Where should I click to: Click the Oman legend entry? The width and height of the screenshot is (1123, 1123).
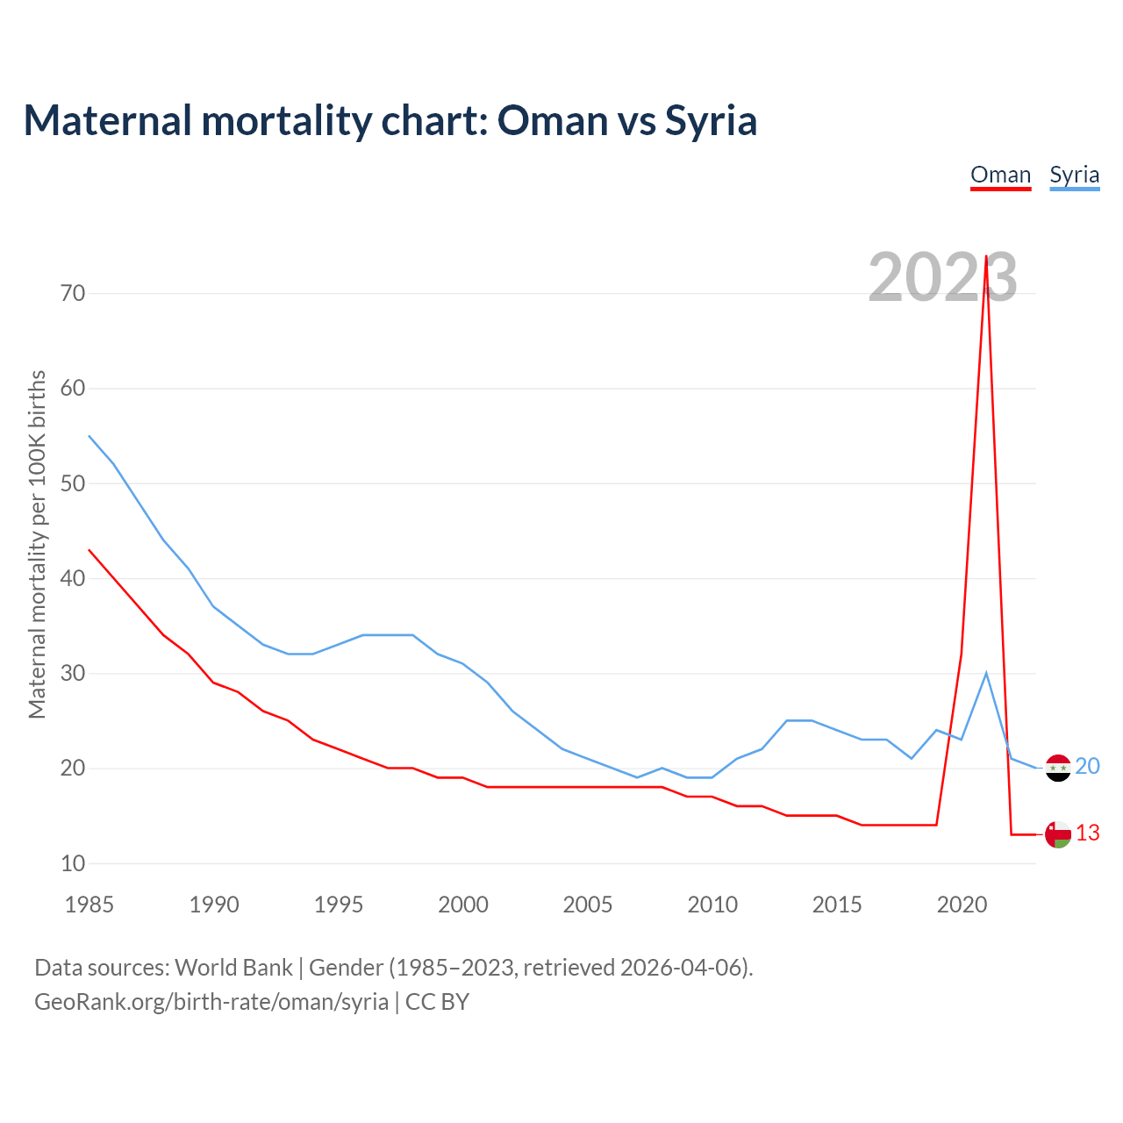coord(1000,175)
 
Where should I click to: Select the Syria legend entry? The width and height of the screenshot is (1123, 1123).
coord(1074,175)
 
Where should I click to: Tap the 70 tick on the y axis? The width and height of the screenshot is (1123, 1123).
coord(74,293)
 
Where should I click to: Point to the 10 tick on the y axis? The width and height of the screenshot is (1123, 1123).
coord(74,863)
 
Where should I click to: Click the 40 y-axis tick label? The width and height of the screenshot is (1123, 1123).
coord(74,578)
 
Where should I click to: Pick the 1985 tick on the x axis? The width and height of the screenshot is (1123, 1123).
coord(89,905)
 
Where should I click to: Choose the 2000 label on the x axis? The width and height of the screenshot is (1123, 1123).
coord(463,905)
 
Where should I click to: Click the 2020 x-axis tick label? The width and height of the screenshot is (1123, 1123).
coord(962,905)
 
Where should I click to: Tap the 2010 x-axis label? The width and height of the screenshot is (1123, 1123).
coord(712,905)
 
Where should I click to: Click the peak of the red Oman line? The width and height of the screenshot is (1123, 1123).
coord(986,257)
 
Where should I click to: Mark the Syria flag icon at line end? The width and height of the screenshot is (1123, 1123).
coord(1058,768)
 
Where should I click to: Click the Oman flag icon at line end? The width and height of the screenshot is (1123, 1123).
coord(1058,834)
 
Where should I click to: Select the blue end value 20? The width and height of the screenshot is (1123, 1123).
coord(1087,766)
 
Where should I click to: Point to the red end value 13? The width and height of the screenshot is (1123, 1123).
coord(1087,833)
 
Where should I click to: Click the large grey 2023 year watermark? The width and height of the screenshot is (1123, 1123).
coord(942,277)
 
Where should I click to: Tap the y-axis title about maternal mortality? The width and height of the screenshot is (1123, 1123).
coord(37,544)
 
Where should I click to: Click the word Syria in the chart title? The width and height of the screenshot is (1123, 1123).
coord(711,120)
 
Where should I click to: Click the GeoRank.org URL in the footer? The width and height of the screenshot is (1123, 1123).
coord(211,1001)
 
